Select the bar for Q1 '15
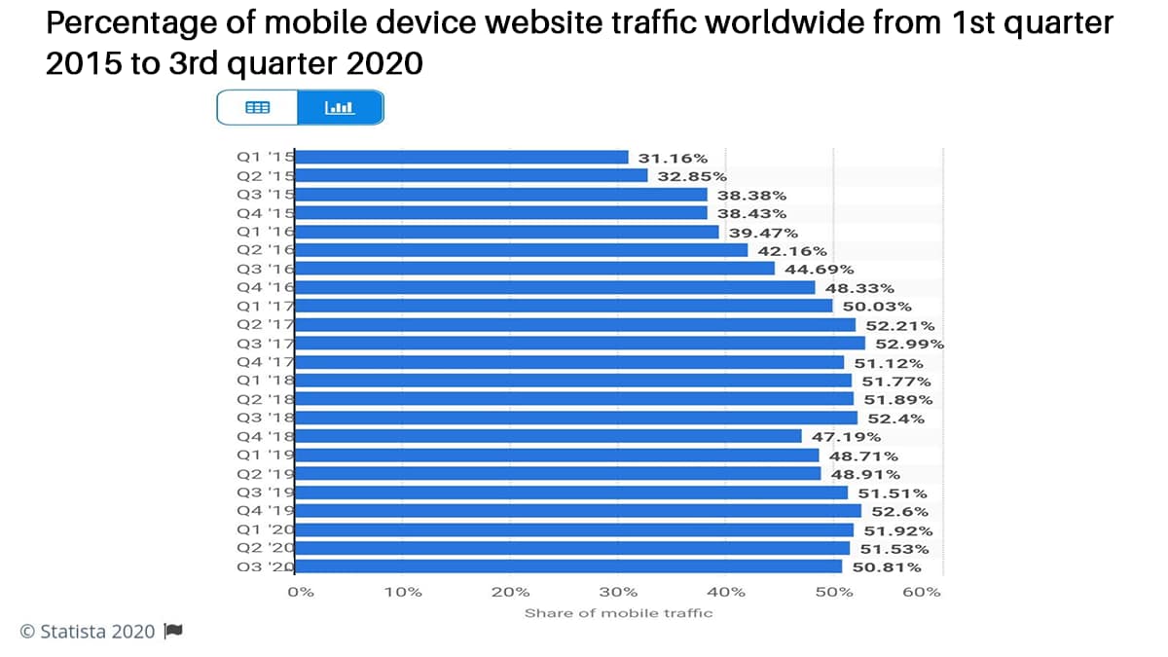click(x=461, y=157)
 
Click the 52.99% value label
click(x=909, y=344)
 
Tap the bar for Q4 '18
click(x=548, y=436)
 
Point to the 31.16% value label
click(x=673, y=158)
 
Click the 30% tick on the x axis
click(x=618, y=592)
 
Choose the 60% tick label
click(x=921, y=592)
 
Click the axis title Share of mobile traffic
click(x=618, y=613)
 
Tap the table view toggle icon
click(x=257, y=108)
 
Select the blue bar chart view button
click(x=340, y=108)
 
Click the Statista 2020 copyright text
click(x=88, y=632)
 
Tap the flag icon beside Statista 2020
click(x=173, y=631)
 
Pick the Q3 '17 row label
click(x=266, y=344)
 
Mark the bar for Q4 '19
click(x=578, y=511)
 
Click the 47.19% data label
click(x=846, y=437)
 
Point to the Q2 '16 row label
click(x=266, y=250)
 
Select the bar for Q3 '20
click(x=568, y=566)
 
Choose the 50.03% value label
click(x=877, y=307)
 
